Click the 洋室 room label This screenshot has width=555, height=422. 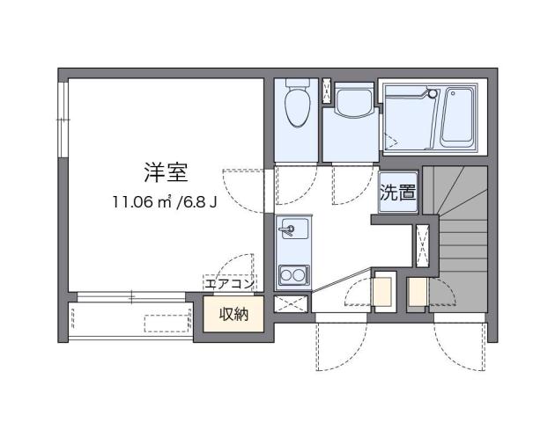coord(166,171)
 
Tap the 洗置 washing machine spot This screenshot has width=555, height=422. coord(397,193)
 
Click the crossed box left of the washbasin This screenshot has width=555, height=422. coord(328,91)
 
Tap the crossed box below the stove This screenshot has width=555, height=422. coord(290,304)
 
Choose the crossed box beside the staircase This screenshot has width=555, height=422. coord(422,244)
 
